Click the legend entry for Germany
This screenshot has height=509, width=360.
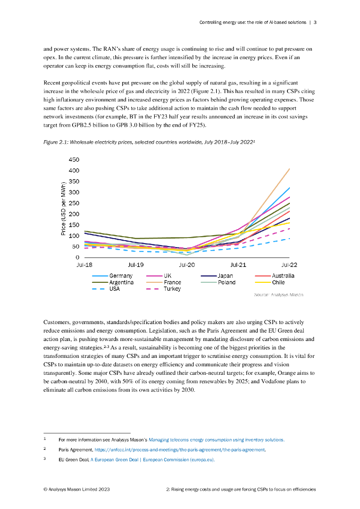click(x=121, y=276)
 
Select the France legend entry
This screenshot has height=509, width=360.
click(x=173, y=282)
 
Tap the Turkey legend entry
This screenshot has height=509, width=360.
click(x=173, y=289)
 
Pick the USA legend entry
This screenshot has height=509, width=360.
click(x=114, y=289)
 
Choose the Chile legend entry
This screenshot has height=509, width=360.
click(x=278, y=282)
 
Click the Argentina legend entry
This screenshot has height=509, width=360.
click(x=121, y=282)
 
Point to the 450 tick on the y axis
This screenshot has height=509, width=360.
click(x=74, y=160)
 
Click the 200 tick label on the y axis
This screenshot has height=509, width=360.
click(x=74, y=214)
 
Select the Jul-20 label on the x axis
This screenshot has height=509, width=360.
click(x=187, y=265)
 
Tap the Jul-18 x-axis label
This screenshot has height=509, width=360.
click(x=85, y=265)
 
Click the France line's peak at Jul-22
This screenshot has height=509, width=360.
click(x=289, y=169)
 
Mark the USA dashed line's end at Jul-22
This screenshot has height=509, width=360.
click(x=289, y=239)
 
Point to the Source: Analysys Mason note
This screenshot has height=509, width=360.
click(x=278, y=295)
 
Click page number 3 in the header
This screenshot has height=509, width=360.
click(x=315, y=22)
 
